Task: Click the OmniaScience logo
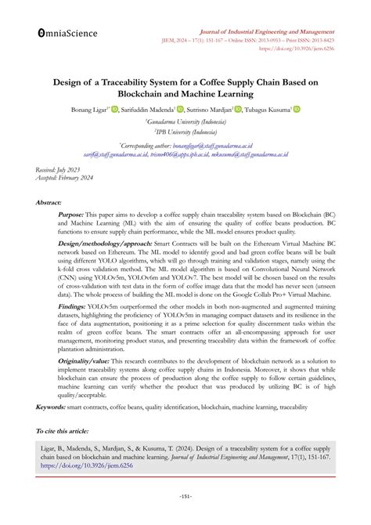(67, 34)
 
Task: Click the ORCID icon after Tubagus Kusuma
(297, 109)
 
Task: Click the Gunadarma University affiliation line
(185, 122)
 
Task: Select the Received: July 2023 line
(56, 169)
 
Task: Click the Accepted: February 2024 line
(62, 178)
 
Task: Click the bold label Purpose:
(72, 215)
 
